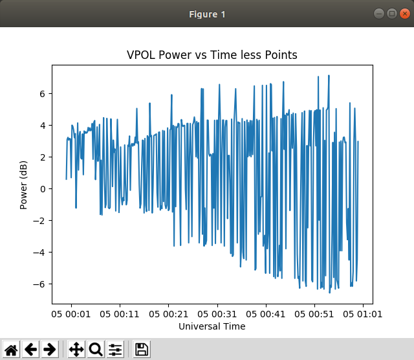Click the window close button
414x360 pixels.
click(x=404, y=14)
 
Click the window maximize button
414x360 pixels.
click(x=391, y=14)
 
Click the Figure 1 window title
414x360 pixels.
click(x=207, y=14)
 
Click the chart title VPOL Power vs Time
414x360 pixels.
click(x=212, y=55)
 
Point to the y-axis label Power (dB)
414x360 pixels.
click(x=24, y=185)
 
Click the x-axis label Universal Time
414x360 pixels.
click(x=212, y=326)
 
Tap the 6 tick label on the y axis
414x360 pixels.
click(x=42, y=93)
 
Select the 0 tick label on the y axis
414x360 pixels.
click(x=42, y=188)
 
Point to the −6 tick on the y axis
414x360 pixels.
click(x=40, y=284)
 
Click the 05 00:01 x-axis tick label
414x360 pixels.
click(x=71, y=314)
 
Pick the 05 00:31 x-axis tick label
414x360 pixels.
click(x=217, y=314)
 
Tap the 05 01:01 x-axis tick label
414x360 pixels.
click(x=362, y=314)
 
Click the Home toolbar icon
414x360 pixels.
click(x=11, y=350)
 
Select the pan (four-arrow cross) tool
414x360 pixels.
click(x=76, y=350)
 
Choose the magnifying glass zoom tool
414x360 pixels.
click(x=96, y=350)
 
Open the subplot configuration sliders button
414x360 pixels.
click(x=115, y=350)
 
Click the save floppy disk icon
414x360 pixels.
click(x=142, y=350)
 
